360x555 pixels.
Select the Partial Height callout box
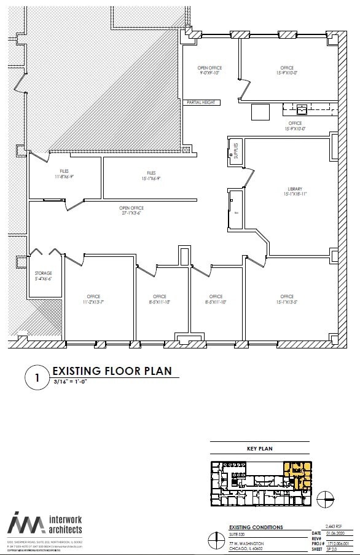201,102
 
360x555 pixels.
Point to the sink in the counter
301,110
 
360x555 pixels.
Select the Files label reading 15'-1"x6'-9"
151,176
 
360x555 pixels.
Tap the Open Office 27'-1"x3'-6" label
131,211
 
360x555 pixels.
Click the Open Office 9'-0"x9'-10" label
209,70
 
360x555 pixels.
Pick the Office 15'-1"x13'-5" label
286,299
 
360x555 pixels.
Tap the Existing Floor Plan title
112,371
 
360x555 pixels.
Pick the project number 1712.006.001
337,544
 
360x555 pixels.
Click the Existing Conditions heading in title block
256,527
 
